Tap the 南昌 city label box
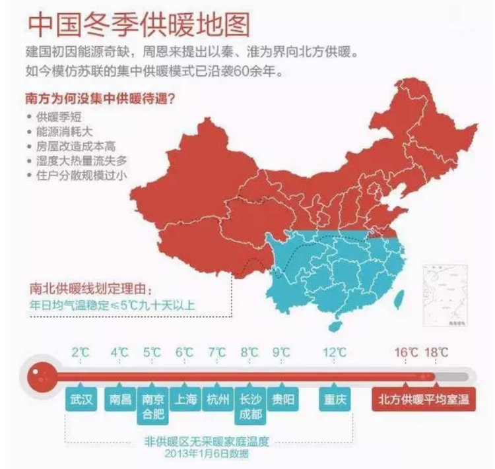119,400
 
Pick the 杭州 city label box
218,400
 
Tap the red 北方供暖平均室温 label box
422,400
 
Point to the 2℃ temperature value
81,352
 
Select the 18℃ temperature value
436,352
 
